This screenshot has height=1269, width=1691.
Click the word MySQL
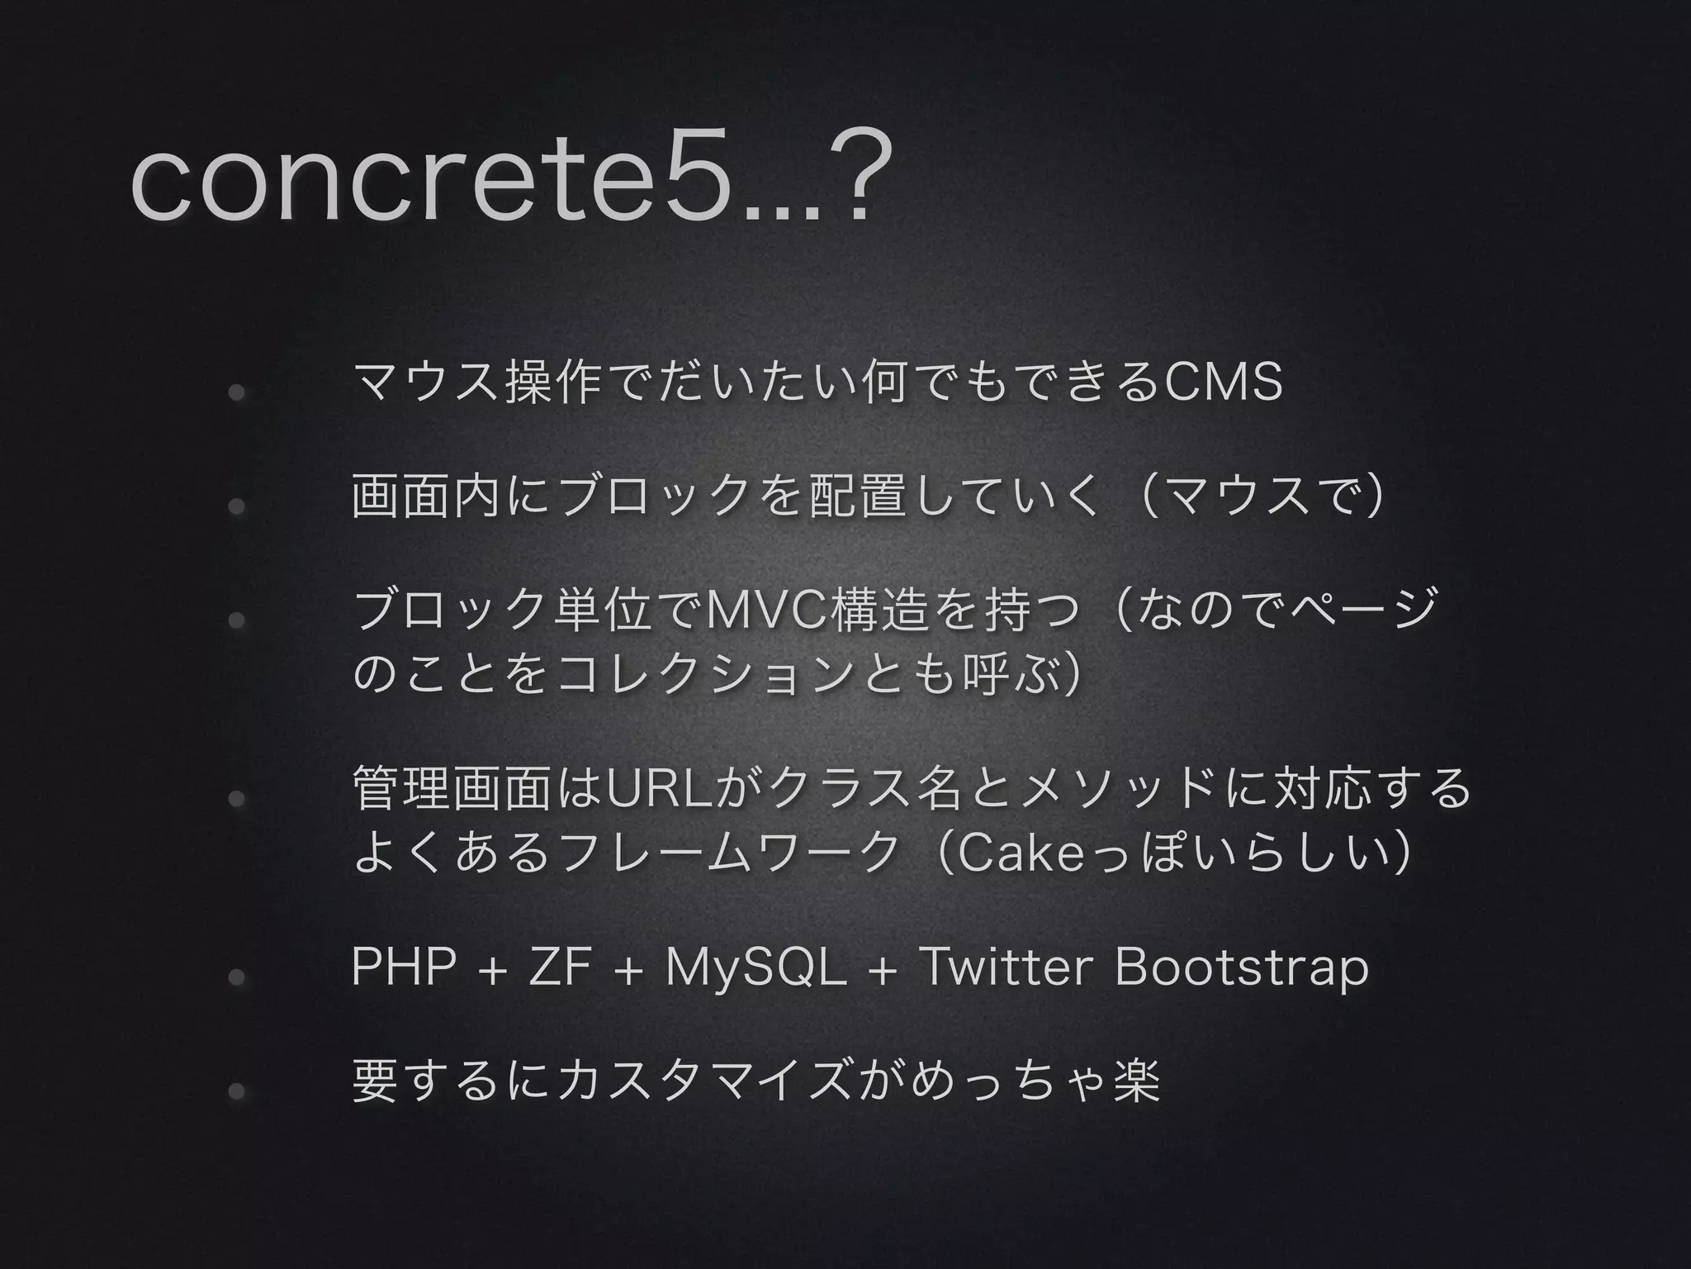tap(756, 968)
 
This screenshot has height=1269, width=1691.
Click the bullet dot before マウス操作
tap(236, 392)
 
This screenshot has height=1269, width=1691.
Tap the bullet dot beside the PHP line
tap(236, 977)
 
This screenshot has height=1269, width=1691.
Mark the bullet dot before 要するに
tap(236, 1091)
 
